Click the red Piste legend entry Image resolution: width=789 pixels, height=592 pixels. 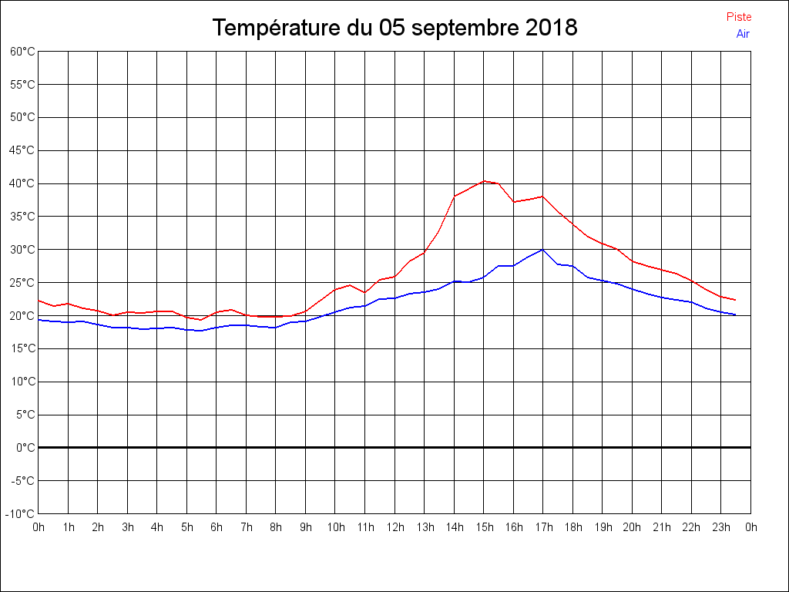tap(738, 17)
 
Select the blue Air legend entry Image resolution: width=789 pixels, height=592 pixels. tap(743, 34)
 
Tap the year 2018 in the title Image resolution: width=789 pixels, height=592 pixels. tap(552, 29)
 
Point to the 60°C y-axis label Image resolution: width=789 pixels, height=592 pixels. tap(22, 52)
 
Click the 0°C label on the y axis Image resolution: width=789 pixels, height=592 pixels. tap(25, 448)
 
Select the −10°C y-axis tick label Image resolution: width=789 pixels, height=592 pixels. tap(21, 514)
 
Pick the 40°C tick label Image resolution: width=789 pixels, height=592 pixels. tap(22, 183)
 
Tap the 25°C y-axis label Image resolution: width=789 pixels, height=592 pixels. tap(22, 283)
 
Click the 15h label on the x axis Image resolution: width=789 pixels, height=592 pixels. tap(484, 527)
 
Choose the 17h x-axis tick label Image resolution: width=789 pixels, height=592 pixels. tap(543, 527)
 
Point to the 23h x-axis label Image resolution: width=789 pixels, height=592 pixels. tap(721, 527)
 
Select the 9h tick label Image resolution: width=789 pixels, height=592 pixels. tap(306, 527)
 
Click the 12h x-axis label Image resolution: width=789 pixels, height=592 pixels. tap(394, 527)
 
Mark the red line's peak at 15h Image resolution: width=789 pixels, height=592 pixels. tap(484, 181)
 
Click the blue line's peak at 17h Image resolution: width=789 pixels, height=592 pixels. tap(543, 249)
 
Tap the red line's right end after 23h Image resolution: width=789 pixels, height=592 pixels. tap(736, 300)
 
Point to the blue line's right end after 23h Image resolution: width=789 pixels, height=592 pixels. tap(736, 314)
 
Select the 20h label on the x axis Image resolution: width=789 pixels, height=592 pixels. tap(632, 527)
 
